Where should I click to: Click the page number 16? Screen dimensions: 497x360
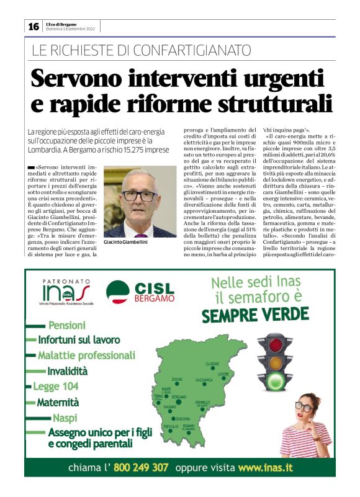point(33,26)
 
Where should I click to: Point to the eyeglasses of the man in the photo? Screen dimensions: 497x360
point(140,195)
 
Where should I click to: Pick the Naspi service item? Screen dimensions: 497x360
point(65,417)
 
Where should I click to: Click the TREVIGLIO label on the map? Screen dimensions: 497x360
point(171,427)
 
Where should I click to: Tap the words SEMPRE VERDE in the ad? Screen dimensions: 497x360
point(255,315)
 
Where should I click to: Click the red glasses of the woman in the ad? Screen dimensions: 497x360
point(304,407)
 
